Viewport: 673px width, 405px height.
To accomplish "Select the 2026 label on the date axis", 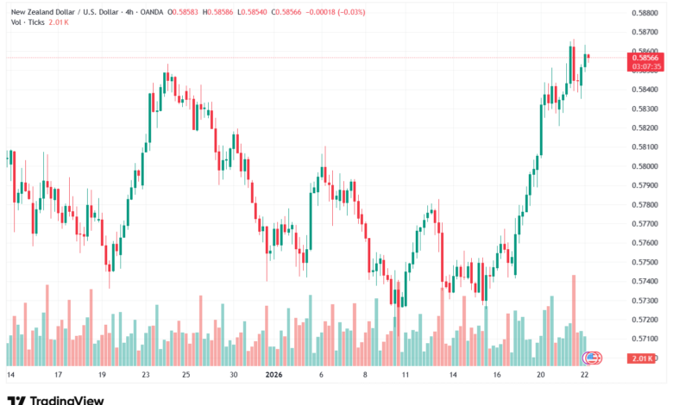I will tap(274, 376).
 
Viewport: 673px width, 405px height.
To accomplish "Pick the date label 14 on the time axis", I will tap(11, 376).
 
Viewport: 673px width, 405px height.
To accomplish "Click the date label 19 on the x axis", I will tap(103, 376).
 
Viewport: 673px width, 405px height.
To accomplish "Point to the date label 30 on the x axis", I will tap(233, 376).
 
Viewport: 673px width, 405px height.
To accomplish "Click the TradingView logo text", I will tap(67, 400).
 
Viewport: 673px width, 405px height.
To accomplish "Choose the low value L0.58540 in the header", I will tap(261, 11).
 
